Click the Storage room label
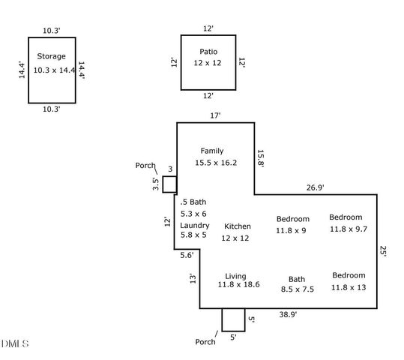click(x=51, y=56)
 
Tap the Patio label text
click(x=208, y=52)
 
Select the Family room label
click(x=212, y=151)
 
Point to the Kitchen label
click(x=238, y=226)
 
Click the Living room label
click(x=235, y=276)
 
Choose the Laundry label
click(x=195, y=226)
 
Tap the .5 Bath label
click(x=193, y=202)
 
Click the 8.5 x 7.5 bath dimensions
click(x=298, y=289)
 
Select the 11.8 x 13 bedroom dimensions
click(x=349, y=287)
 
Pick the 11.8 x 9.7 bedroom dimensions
click(x=349, y=229)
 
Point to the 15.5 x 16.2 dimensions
click(x=216, y=163)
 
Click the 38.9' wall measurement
click(x=288, y=314)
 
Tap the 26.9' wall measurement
click(x=315, y=187)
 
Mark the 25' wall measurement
click(x=383, y=251)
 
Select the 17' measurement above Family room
click(x=215, y=115)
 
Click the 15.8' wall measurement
click(x=261, y=158)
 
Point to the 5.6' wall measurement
click(x=187, y=255)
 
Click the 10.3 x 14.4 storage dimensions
click(x=55, y=70)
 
